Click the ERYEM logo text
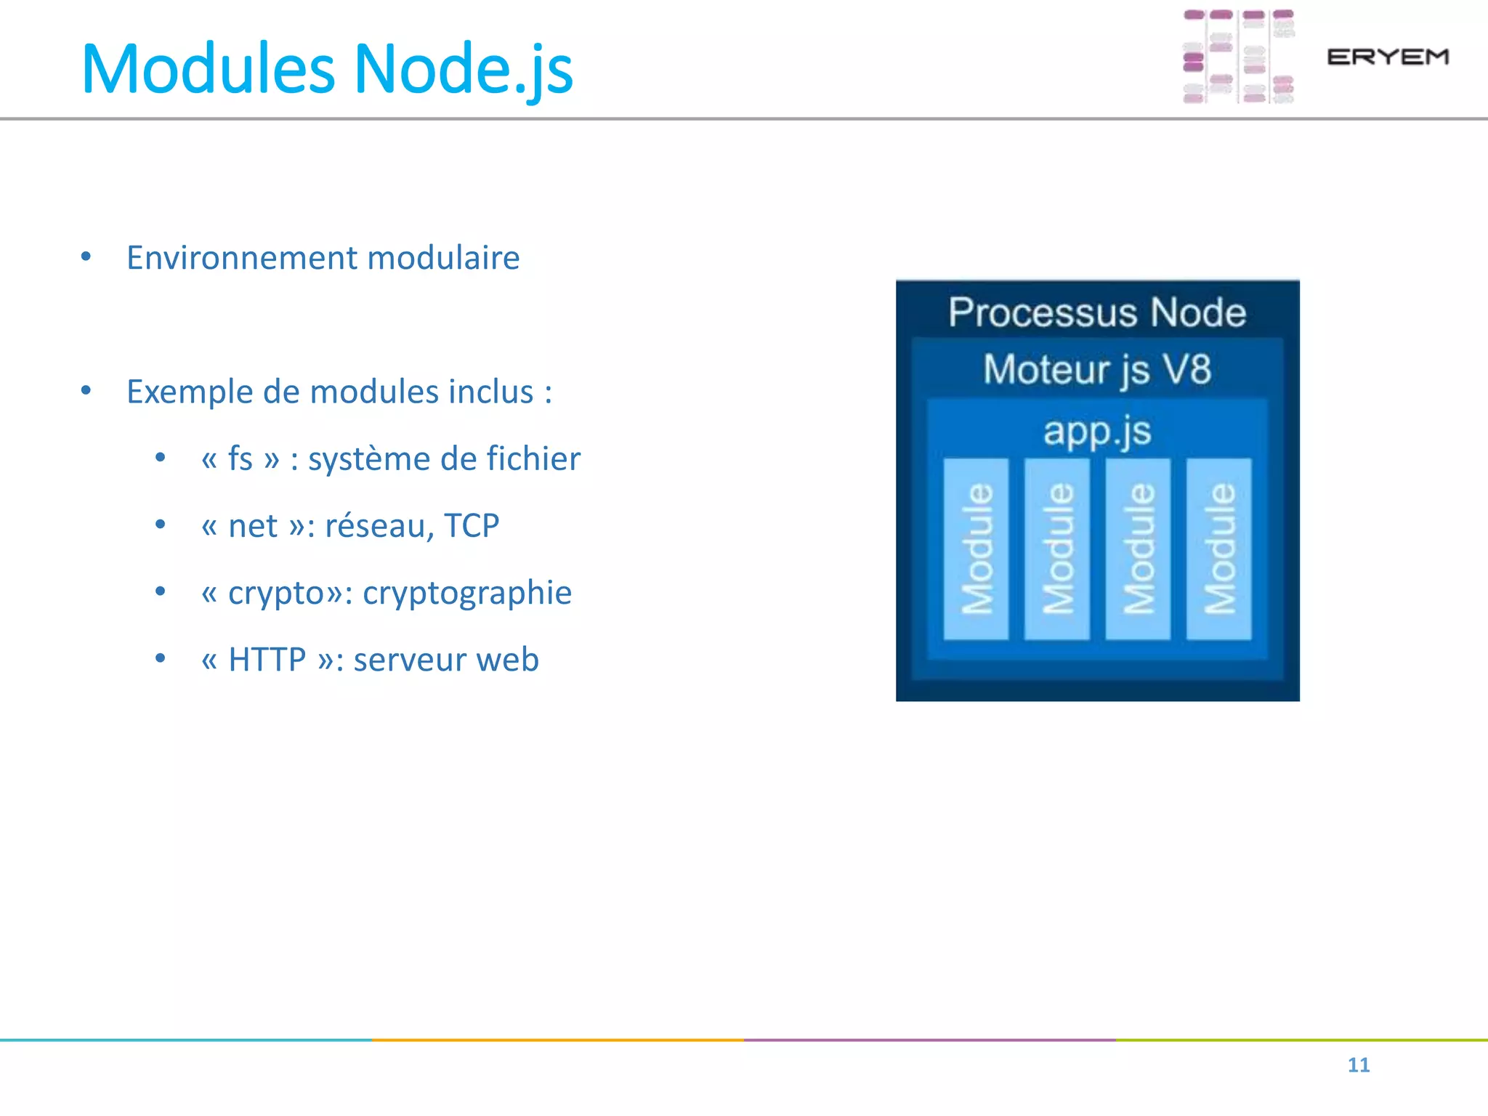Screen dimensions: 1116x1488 click(1387, 57)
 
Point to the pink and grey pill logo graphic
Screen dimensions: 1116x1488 click(1238, 57)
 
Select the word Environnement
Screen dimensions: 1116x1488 click(243, 258)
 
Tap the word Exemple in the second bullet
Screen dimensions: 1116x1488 click(190, 392)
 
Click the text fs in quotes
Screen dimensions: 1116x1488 click(240, 459)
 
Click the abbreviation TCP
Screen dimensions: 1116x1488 click(472, 526)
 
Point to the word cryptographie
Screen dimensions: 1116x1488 click(467, 594)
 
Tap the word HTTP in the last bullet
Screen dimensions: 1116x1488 click(267, 660)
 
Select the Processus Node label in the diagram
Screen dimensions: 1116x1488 click(1097, 312)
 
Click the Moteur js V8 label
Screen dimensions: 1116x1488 click(1097, 369)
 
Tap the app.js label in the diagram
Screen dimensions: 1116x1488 click(1097, 431)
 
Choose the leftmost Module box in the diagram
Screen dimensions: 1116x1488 click(976, 549)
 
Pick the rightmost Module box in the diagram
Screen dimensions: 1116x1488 click(1218, 549)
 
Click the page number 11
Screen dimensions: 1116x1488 click(1358, 1065)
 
